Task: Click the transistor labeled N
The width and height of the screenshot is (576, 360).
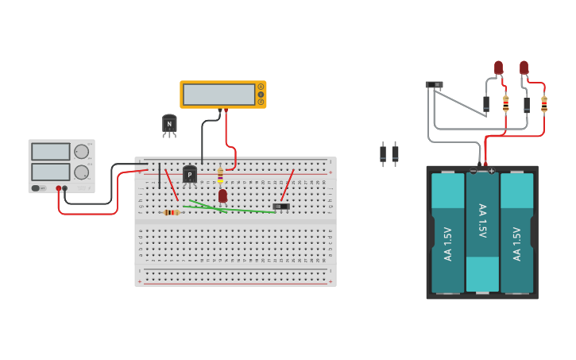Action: click(x=169, y=124)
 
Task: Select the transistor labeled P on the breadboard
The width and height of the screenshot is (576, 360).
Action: click(x=190, y=174)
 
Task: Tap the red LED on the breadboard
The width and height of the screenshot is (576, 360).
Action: click(x=222, y=195)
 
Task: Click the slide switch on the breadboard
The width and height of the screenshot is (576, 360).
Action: click(x=281, y=207)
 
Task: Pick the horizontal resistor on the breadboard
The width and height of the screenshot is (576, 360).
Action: click(x=171, y=212)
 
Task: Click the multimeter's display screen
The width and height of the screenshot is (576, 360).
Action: click(x=218, y=95)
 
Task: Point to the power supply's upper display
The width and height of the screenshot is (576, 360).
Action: click(x=50, y=152)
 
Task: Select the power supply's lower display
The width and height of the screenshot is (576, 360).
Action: click(x=50, y=172)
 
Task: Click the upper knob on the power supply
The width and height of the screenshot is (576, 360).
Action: click(x=81, y=152)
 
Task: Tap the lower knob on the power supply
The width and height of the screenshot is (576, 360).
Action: click(x=81, y=172)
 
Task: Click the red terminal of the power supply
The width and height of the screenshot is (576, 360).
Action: click(x=58, y=188)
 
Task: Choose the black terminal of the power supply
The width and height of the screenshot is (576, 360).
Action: click(x=65, y=188)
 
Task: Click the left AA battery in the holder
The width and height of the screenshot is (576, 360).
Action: click(x=448, y=233)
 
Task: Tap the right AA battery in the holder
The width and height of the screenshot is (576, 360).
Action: click(x=516, y=233)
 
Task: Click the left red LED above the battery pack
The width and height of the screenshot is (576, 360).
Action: click(x=498, y=68)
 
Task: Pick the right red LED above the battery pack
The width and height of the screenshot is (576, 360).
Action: click(x=524, y=68)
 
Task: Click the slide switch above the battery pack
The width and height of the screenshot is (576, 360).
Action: click(x=434, y=84)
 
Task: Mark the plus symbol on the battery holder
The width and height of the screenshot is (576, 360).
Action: click(x=491, y=171)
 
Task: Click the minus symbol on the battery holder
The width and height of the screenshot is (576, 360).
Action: click(x=474, y=171)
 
